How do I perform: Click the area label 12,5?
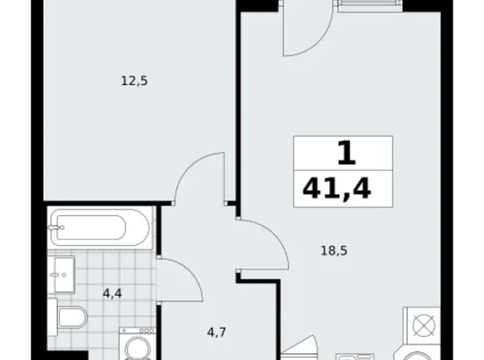134,81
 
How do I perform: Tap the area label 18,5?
334,251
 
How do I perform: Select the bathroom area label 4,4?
112,294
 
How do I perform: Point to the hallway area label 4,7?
217,333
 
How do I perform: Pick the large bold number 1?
347,153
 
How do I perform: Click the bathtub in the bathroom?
100,228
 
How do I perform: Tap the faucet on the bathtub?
56,228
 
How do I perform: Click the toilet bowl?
73,317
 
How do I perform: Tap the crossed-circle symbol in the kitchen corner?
423,326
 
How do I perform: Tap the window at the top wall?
370,5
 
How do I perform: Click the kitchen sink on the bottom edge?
354,357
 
